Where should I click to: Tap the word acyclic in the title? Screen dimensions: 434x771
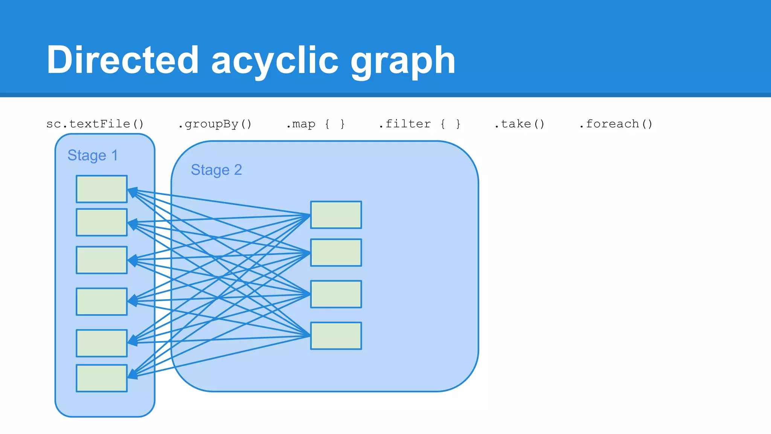(x=275, y=60)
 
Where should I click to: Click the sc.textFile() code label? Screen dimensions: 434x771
(x=95, y=124)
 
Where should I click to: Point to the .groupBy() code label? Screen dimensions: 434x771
(x=215, y=124)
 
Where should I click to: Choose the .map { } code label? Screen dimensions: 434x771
(x=315, y=124)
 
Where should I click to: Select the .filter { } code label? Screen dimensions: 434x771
(x=419, y=124)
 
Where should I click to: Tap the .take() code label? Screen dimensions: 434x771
(x=520, y=124)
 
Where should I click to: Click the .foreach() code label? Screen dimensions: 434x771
(x=616, y=124)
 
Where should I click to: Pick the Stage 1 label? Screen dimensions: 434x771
(x=93, y=155)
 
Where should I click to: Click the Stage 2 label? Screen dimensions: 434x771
(x=216, y=170)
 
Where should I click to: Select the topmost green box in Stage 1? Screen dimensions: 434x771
(x=102, y=189)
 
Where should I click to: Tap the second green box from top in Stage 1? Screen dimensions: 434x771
(x=102, y=222)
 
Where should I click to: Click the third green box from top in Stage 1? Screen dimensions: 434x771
(x=102, y=260)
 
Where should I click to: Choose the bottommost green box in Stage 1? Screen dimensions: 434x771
(x=102, y=378)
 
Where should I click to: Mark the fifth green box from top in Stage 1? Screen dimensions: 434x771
(x=102, y=343)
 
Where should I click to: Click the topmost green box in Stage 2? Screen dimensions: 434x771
(x=336, y=215)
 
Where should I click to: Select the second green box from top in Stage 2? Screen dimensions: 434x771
(x=336, y=252)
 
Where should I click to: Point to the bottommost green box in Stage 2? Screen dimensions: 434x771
(x=336, y=336)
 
